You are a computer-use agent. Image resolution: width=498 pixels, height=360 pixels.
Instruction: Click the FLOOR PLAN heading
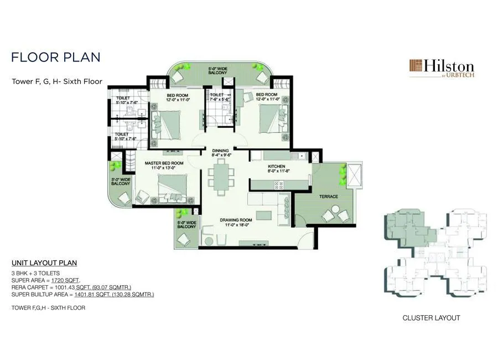coord(55,57)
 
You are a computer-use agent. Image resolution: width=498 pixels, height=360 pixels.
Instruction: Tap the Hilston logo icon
coord(416,67)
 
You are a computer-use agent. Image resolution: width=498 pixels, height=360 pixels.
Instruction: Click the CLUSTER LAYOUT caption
coord(431,318)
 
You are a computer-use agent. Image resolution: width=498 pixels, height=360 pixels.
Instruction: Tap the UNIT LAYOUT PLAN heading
coord(44,263)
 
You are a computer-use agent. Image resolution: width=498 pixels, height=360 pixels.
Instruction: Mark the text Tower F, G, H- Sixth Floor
coord(57,81)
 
